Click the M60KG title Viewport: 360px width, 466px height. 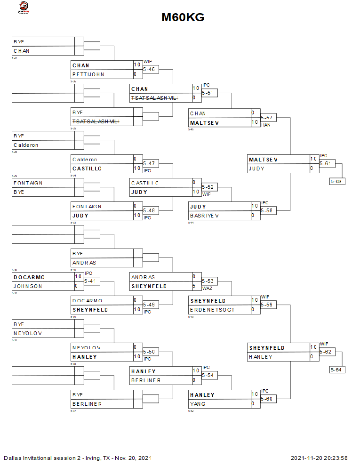[x=183, y=17]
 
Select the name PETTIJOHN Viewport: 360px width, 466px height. [x=88, y=74]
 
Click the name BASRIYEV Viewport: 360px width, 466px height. [x=205, y=216]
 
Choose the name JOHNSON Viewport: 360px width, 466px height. [x=28, y=286]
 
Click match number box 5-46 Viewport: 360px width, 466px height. [x=150, y=69]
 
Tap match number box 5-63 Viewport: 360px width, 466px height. [x=337, y=181]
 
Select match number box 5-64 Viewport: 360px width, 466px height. [x=337, y=370]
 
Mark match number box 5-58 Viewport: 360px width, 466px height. [x=268, y=210]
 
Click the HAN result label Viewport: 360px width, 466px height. [x=266, y=125]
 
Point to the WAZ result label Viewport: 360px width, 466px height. [x=208, y=288]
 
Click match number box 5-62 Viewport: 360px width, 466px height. [x=327, y=352]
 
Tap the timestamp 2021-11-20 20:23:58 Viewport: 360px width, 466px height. [x=319, y=458]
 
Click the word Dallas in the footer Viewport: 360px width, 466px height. [x=12, y=458]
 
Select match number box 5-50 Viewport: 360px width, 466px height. [x=150, y=352]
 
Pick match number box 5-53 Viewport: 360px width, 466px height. [x=209, y=281]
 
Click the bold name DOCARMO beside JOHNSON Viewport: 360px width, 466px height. [x=29, y=277]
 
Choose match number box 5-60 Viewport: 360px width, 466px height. [x=268, y=399]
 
